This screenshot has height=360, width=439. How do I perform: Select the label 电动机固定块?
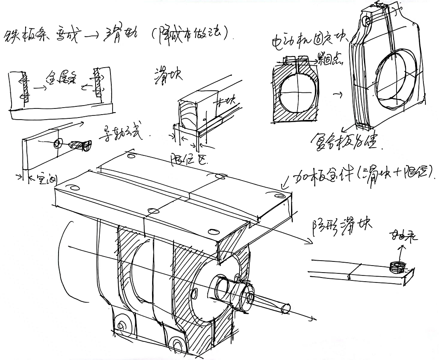(308, 41)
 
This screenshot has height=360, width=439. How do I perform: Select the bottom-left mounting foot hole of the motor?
(122, 326)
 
